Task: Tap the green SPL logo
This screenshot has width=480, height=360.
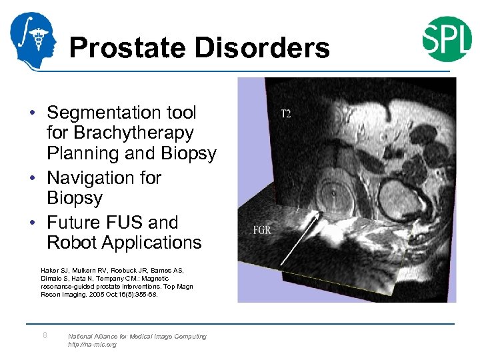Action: tap(447, 39)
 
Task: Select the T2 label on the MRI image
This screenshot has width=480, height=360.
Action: tap(285, 114)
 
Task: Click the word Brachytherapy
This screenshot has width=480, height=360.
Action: tap(120, 133)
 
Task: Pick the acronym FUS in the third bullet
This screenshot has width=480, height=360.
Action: tap(129, 223)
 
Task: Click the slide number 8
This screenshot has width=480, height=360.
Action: tap(45, 335)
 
